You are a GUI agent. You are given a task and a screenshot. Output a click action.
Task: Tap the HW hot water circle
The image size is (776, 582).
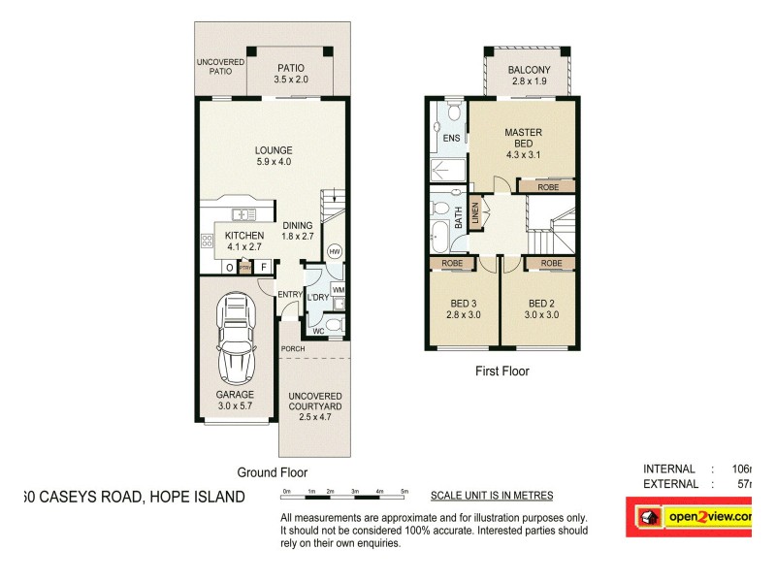(x=335, y=250)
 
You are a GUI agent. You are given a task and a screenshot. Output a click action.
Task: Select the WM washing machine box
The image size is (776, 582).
(x=339, y=289)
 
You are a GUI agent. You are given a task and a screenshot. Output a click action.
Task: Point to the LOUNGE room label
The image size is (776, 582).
(x=273, y=156)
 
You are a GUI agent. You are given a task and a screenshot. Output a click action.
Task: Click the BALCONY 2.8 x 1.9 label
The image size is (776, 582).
(x=529, y=76)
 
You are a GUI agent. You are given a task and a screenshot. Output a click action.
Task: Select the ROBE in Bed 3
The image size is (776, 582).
(x=452, y=263)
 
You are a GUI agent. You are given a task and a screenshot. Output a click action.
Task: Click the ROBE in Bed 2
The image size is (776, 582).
(x=551, y=263)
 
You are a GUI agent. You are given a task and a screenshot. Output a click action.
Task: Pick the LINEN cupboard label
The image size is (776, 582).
(x=475, y=214)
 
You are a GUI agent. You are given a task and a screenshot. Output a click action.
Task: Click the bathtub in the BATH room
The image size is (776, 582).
(x=439, y=237)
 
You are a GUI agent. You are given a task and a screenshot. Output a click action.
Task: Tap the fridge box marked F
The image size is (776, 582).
(x=264, y=268)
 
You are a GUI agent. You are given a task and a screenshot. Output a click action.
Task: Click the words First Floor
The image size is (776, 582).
(x=501, y=371)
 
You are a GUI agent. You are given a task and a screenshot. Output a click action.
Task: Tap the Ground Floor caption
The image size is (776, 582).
(x=273, y=472)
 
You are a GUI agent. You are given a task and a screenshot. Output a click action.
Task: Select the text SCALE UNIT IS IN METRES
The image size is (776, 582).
(x=491, y=495)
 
